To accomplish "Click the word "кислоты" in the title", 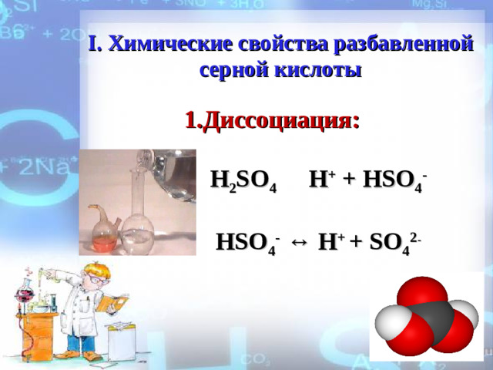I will (316, 70).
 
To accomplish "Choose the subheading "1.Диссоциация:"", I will (272, 121).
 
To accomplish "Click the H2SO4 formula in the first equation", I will (243, 182).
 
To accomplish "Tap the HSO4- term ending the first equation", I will (395, 180).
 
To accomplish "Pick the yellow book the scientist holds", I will (111, 301).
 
